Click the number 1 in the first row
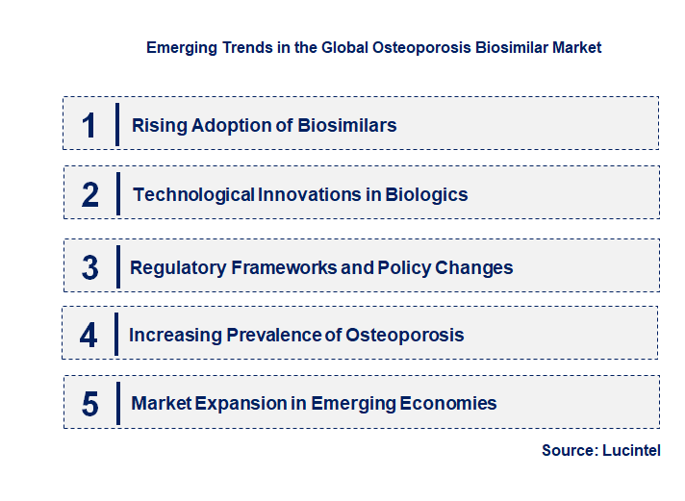click(89, 125)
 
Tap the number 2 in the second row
click(90, 194)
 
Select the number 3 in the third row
click(89, 267)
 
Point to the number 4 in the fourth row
click(89, 335)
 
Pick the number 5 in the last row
click(90, 404)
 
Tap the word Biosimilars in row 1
click(347, 126)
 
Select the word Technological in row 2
click(193, 195)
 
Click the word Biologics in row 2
click(426, 195)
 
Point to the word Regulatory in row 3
click(178, 267)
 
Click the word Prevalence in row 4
click(273, 336)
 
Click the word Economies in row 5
click(450, 404)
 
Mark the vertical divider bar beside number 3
click(117, 265)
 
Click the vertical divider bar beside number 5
click(117, 402)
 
